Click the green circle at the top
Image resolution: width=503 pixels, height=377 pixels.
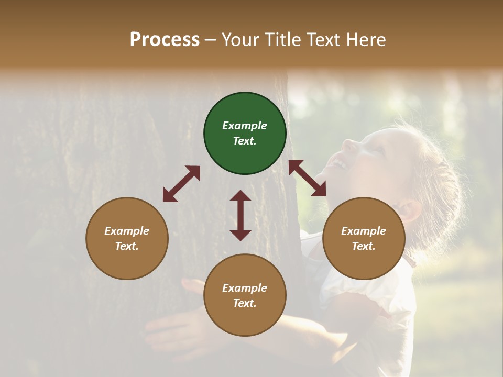(x=245, y=133)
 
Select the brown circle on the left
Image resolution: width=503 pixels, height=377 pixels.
(x=127, y=238)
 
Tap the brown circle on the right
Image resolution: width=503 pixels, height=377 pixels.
(x=364, y=238)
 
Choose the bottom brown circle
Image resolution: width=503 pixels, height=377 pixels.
(x=245, y=295)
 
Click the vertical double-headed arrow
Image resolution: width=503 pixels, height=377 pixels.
(x=240, y=215)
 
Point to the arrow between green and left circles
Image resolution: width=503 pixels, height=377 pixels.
(x=181, y=184)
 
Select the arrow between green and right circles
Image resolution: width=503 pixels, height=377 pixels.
(x=307, y=178)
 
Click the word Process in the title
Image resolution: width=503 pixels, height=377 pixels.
(x=165, y=40)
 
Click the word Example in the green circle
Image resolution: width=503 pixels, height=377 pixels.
(x=245, y=126)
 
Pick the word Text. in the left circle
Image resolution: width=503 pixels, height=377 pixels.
(x=127, y=246)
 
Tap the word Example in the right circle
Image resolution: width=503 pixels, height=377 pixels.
(x=364, y=231)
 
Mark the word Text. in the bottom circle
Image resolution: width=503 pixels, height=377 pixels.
(x=245, y=303)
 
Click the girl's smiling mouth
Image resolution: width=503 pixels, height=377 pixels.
(x=340, y=164)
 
